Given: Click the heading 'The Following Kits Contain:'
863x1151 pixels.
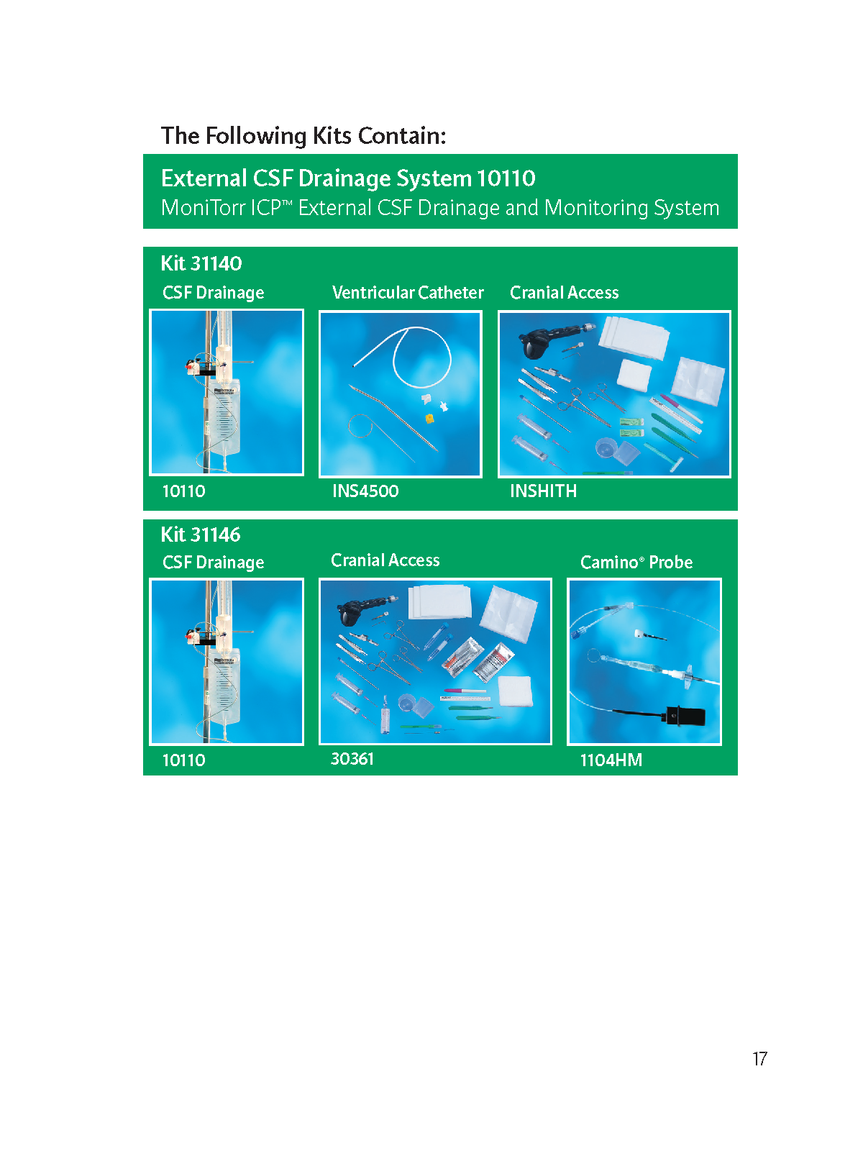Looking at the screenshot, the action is [303, 136].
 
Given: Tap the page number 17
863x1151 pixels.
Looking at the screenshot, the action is [759, 1058].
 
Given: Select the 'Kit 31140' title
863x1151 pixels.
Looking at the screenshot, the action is [201, 263].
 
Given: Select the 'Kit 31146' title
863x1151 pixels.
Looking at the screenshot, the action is [201, 534].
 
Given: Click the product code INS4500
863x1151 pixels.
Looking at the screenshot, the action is [365, 491].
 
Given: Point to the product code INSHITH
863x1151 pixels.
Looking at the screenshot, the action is [544, 491].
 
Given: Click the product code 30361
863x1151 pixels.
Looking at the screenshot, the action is [352, 759].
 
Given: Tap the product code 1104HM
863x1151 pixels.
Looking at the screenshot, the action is [611, 760].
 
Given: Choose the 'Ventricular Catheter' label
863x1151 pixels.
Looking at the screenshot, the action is [408, 292].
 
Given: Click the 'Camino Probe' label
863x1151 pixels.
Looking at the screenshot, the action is [636, 562].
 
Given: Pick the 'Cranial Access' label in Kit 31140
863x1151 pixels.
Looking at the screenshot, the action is [565, 292].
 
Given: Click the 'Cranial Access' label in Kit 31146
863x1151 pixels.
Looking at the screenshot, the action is [385, 560].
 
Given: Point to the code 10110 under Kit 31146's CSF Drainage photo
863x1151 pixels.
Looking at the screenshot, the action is [184, 760].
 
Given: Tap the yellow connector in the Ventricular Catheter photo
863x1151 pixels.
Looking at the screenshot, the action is [429, 418].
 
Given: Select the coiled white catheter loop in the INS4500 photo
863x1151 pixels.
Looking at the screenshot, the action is [422, 357].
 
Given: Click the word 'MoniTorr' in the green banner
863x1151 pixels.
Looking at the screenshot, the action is [204, 208].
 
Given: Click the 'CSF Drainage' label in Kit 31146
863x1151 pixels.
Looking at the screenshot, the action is [214, 562].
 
